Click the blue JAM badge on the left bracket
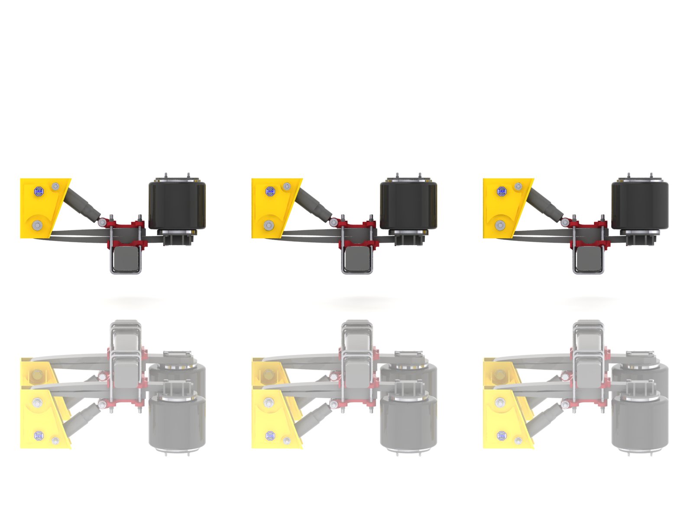[39, 191]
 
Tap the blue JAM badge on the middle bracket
[270, 191]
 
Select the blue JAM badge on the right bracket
[502, 191]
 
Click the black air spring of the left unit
[177, 205]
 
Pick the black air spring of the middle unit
[408, 205]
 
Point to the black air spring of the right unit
[639, 205]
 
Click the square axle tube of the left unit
[126, 258]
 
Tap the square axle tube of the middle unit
[357, 258]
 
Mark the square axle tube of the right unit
[589, 258]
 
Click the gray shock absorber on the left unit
[82, 202]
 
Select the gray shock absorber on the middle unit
[314, 202]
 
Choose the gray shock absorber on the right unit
[545, 202]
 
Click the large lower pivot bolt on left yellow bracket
[38, 225]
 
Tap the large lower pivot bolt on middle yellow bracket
[269, 225]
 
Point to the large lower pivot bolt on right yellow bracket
[500, 225]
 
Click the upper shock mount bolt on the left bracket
[55, 186]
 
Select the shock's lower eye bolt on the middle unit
[333, 222]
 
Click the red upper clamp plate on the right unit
[589, 226]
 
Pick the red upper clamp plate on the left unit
[126, 226]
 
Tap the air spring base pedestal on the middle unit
[408, 238]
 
